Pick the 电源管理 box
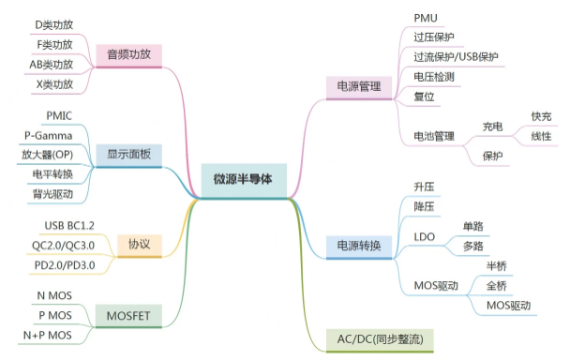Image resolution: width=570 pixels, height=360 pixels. click(x=358, y=87)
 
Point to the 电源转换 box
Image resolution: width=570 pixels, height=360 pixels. click(x=358, y=247)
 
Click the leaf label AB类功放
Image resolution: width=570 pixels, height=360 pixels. click(x=51, y=65)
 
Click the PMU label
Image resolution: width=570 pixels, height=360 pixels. click(x=426, y=18)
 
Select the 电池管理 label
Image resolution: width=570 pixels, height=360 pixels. click(x=433, y=137)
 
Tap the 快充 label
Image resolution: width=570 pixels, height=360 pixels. click(x=541, y=116)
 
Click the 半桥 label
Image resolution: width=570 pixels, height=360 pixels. click(x=496, y=265)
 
